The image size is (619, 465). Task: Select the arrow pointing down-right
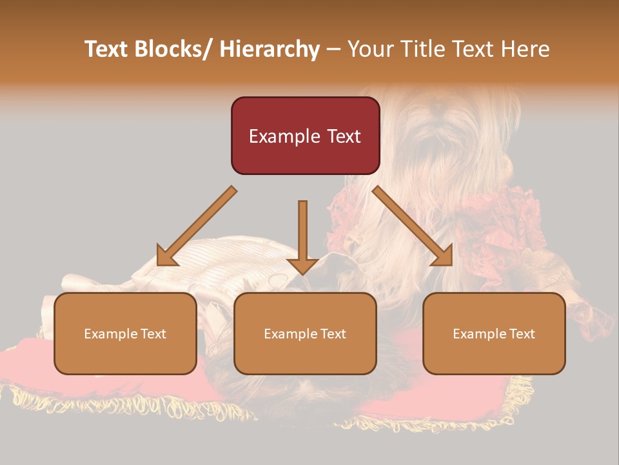413,227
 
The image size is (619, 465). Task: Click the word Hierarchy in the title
270,50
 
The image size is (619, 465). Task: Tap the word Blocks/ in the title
170,50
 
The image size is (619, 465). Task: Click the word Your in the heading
370,50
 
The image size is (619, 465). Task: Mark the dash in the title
334,50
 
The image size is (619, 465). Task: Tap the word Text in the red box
342,136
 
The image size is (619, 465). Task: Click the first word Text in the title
107,50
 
